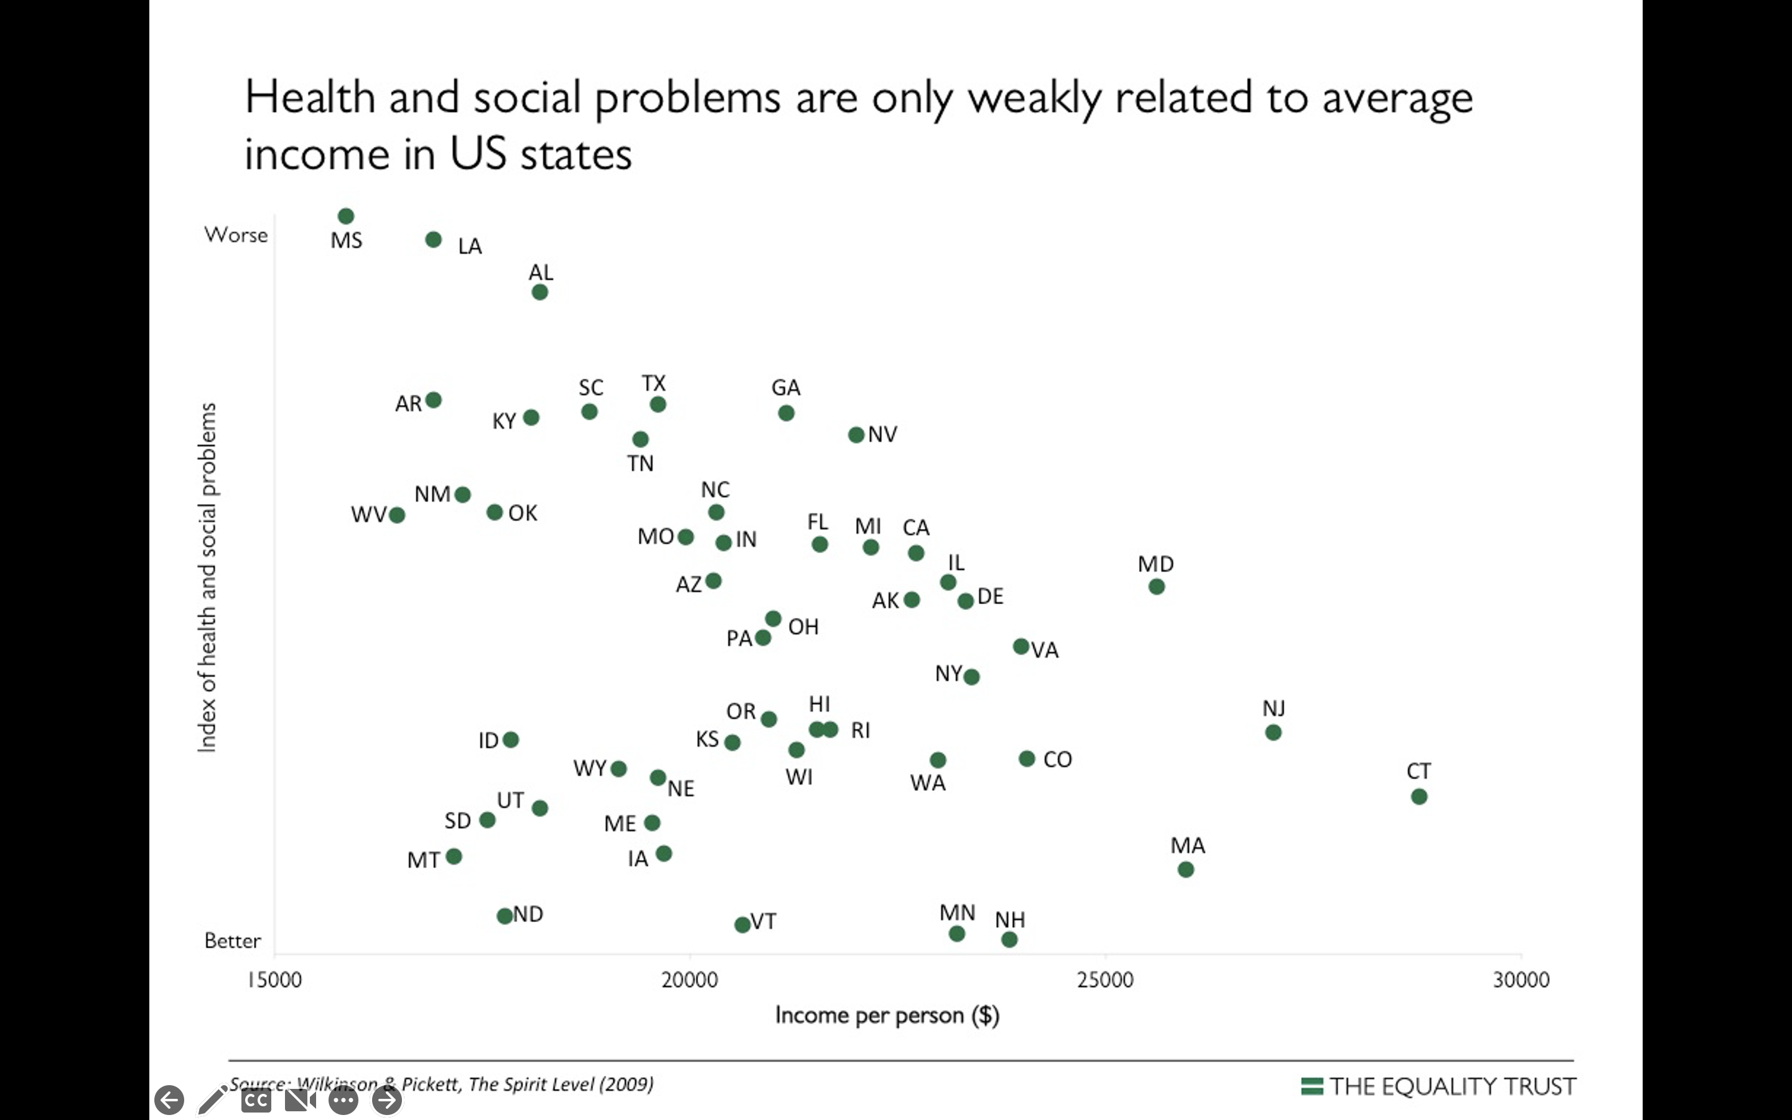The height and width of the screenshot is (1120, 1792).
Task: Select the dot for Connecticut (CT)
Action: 1419,797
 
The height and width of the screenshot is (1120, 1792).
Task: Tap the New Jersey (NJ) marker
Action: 1273,732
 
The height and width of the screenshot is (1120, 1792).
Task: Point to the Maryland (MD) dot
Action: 1157,587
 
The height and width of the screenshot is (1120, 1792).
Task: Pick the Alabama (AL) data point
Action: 540,292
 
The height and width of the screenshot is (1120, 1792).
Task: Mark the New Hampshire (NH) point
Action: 1009,940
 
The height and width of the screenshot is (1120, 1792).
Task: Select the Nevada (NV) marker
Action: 856,435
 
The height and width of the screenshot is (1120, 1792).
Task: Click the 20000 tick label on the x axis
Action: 689,980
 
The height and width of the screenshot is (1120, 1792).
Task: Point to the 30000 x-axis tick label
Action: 1521,980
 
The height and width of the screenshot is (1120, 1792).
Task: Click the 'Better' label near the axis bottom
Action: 233,941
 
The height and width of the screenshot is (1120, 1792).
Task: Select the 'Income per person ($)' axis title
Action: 887,1015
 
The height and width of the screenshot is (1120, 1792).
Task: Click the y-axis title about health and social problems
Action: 208,578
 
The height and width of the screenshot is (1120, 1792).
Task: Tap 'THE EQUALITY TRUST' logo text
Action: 1452,1086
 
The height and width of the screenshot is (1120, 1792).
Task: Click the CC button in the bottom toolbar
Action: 256,1100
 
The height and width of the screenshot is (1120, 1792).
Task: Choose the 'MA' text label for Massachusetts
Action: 1188,845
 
